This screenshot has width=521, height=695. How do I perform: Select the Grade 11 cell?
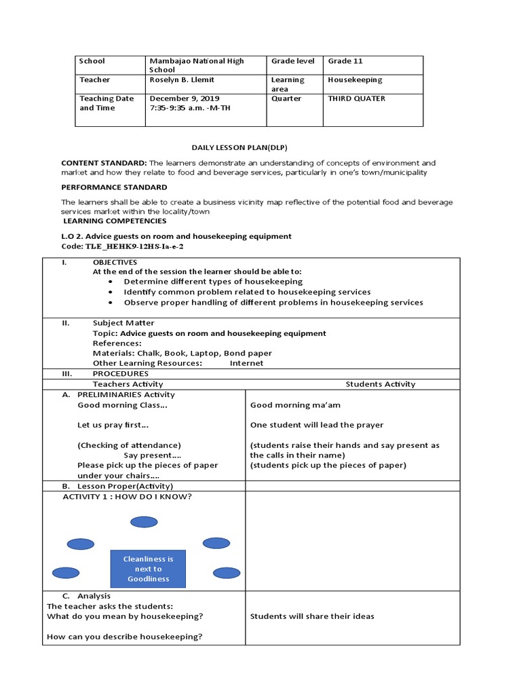(345, 61)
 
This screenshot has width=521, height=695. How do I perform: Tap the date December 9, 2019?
(180, 98)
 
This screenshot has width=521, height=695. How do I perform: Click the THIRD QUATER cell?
(356, 98)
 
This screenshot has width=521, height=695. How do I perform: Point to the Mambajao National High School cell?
(196, 65)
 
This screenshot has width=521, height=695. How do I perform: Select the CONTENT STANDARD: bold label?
(104, 163)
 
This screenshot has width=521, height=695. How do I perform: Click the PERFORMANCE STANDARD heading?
(114, 187)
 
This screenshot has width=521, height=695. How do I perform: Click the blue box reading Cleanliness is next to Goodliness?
(148, 569)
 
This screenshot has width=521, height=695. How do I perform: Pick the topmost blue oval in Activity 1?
(144, 521)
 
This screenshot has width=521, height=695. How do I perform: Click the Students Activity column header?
(380, 384)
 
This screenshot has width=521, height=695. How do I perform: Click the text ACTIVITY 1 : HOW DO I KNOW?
(127, 497)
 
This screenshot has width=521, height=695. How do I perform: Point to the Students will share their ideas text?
(311, 616)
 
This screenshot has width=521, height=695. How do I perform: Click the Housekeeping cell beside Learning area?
(355, 80)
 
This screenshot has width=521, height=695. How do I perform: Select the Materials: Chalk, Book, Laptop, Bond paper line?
(182, 353)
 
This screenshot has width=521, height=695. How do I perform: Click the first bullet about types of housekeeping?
(213, 281)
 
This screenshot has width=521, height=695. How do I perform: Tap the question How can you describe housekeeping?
(124, 637)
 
